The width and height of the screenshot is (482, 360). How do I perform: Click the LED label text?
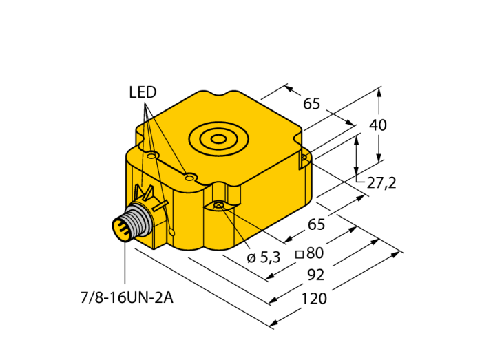pyautogui.click(x=143, y=92)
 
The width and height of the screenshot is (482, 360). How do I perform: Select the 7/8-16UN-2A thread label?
pyautogui.click(x=127, y=298)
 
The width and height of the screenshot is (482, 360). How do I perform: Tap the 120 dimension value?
pyautogui.click(x=314, y=299)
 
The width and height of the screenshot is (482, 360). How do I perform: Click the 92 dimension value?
pyautogui.click(x=316, y=275)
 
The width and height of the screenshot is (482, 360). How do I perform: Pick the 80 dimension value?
pyautogui.click(x=315, y=253)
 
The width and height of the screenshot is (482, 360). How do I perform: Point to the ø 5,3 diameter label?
pyautogui.click(x=264, y=257)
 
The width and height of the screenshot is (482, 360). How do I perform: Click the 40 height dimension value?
pyautogui.click(x=378, y=125)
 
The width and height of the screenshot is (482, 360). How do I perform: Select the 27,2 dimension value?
pyautogui.click(x=381, y=183)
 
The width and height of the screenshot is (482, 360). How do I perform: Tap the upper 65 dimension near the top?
pyautogui.click(x=312, y=103)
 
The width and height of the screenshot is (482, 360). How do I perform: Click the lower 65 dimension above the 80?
pyautogui.click(x=316, y=224)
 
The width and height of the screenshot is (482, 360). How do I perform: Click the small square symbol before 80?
pyautogui.click(x=300, y=254)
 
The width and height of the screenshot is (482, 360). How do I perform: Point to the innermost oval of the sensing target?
pyautogui.click(x=218, y=140)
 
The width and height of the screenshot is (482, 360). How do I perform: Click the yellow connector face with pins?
pyautogui.click(x=120, y=229)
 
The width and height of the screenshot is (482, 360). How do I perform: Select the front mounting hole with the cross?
pyautogui.click(x=218, y=204)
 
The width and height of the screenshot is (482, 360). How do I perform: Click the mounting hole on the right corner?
pyautogui.click(x=304, y=158)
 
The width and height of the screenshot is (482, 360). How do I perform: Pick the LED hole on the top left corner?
pyautogui.click(x=151, y=156)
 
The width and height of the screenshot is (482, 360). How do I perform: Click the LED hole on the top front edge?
pyautogui.click(x=189, y=178)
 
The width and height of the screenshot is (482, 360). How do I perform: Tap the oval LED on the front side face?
pyautogui.click(x=172, y=232)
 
